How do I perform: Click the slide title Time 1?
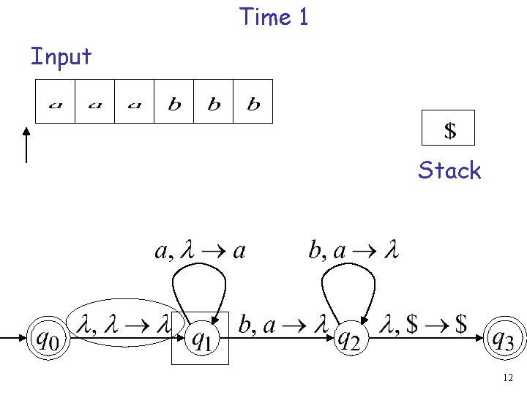(x=274, y=16)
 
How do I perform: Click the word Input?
(x=61, y=56)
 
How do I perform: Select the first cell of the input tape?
(x=56, y=102)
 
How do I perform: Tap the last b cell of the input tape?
(x=253, y=102)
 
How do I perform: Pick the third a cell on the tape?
(x=135, y=102)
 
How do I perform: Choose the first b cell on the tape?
(x=174, y=102)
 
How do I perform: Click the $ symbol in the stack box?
(x=449, y=130)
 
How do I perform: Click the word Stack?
(x=449, y=171)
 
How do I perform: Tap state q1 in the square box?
(x=200, y=339)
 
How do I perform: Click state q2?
(x=351, y=339)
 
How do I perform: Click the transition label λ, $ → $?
(x=426, y=325)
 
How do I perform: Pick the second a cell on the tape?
(x=95, y=102)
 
